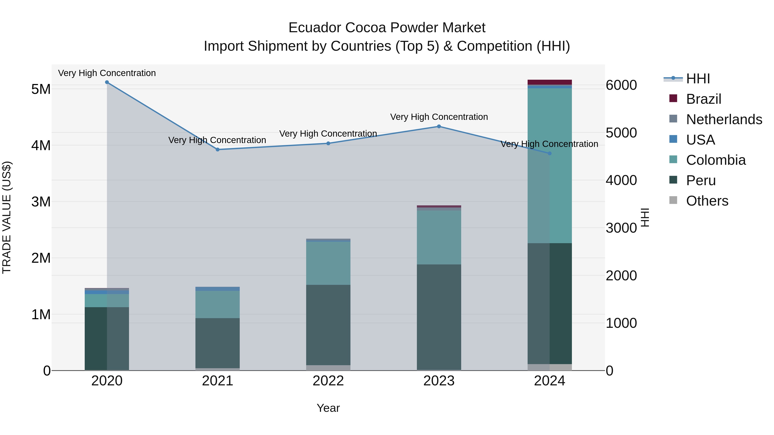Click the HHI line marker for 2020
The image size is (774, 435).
click(x=107, y=82)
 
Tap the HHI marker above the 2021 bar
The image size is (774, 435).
click(x=218, y=150)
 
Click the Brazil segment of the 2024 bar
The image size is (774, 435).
click(x=550, y=82)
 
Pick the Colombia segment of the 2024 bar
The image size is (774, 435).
click(x=550, y=165)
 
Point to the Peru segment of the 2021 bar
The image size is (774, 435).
click(x=218, y=343)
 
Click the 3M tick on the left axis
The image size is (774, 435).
click(x=41, y=202)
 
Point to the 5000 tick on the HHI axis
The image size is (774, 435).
click(x=621, y=133)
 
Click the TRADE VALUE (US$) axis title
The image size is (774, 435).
click(x=7, y=217)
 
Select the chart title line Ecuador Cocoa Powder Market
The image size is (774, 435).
click(x=387, y=28)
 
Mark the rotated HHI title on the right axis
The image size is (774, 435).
click(x=645, y=217)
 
